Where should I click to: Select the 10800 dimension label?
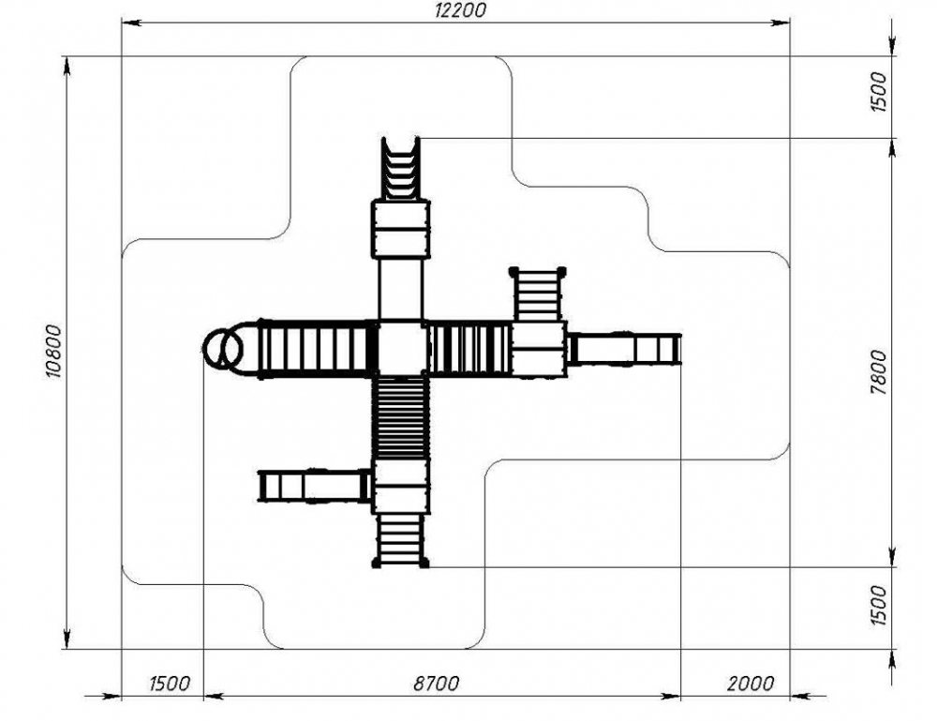coord(53,352)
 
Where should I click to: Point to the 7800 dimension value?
coord(879,373)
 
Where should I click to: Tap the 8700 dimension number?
coord(437,683)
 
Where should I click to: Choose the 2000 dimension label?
coord(750,683)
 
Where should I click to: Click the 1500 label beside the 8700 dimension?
coord(170,683)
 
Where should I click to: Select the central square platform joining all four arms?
coord(402,347)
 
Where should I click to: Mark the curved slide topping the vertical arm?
coord(400,168)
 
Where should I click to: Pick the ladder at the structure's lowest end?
coord(400,540)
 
